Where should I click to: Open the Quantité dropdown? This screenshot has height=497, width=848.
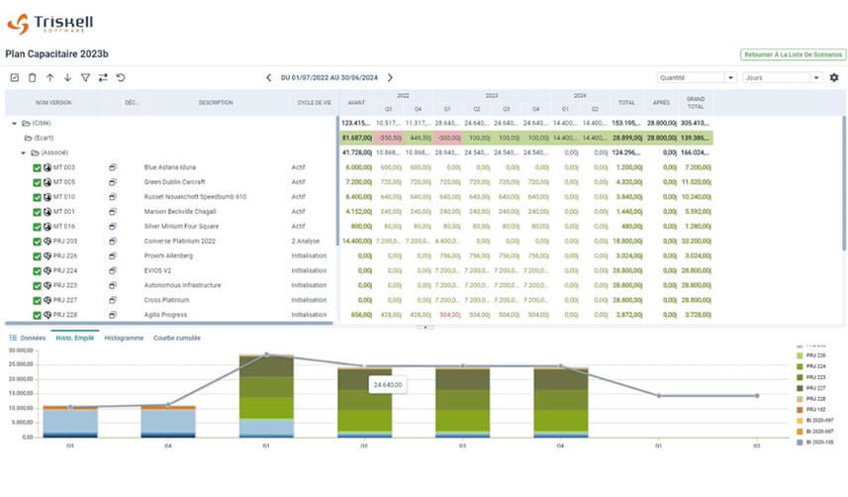[x=697, y=77]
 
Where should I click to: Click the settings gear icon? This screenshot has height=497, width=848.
[x=834, y=77]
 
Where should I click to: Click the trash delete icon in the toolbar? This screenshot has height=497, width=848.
[x=32, y=77]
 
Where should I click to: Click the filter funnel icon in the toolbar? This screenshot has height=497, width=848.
[x=85, y=77]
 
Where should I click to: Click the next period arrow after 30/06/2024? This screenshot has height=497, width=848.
[x=390, y=77]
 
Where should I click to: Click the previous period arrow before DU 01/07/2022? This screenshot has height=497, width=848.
[x=268, y=77]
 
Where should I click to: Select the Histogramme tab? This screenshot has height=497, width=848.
[x=124, y=338]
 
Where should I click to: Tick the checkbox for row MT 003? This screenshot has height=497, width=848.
[x=37, y=167]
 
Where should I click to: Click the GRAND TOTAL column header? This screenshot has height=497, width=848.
[x=695, y=102]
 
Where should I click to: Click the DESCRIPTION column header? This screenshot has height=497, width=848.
[x=215, y=102]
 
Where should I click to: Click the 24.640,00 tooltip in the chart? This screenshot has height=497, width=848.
[x=389, y=383]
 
